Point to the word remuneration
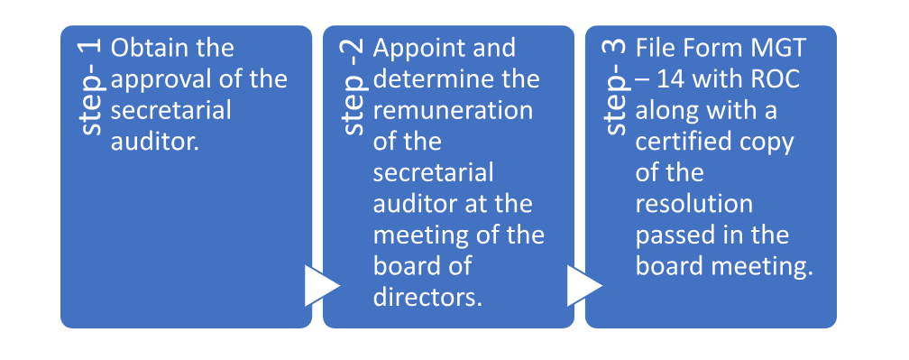pos(452,110)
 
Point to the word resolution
pos(693,203)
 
